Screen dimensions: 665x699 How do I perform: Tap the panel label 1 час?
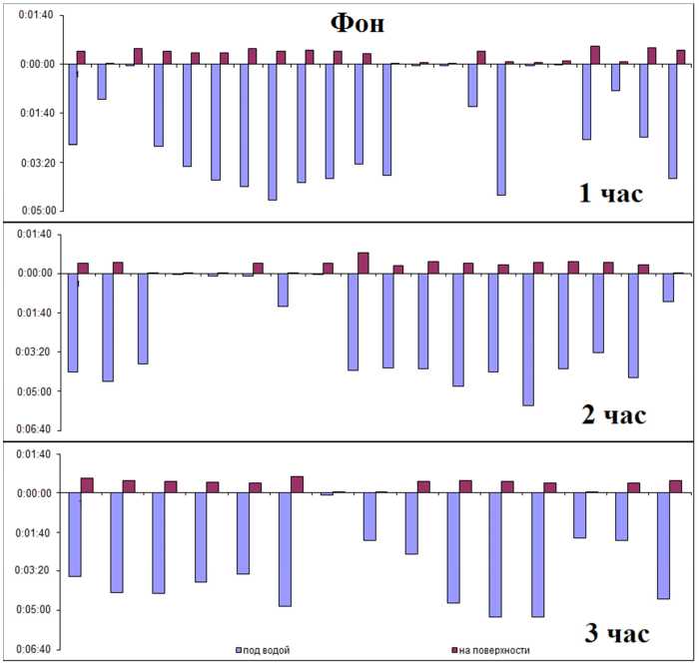(611, 193)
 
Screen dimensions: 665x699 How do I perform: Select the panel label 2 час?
(614, 414)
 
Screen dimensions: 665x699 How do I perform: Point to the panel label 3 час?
(614, 633)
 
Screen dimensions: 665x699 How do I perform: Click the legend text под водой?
(268, 651)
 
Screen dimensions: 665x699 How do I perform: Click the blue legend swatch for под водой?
(239, 651)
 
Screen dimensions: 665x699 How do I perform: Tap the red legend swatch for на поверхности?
(453, 651)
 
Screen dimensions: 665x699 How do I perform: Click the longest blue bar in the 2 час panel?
(528, 338)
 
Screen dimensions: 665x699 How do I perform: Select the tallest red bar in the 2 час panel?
(363, 263)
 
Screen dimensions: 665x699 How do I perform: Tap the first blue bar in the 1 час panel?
(73, 104)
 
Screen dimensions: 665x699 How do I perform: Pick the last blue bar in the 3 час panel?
(663, 545)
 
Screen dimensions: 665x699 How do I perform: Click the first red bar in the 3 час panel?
(87, 485)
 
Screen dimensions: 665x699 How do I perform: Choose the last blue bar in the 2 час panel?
(668, 288)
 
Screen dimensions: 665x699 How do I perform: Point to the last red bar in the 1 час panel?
(681, 57)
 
